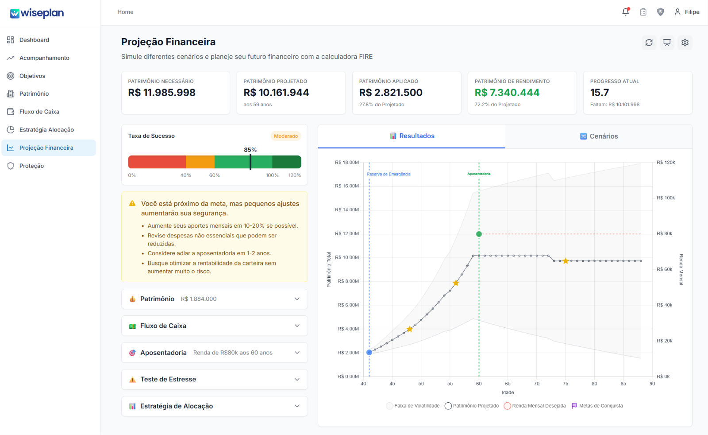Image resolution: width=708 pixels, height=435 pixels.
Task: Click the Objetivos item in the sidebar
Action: point(32,76)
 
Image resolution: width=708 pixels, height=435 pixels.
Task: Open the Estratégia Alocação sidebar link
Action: point(46,130)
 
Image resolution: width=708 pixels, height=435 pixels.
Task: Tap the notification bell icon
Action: point(626,12)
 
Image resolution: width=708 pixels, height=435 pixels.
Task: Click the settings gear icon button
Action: point(685,43)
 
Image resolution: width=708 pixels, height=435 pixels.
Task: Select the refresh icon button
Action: point(649,43)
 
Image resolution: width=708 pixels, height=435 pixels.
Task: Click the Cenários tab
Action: point(599,136)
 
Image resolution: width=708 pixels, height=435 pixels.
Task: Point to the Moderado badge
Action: point(286,136)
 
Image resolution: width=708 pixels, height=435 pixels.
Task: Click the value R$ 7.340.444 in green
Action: point(507,93)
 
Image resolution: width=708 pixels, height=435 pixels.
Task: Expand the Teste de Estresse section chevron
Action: point(297,379)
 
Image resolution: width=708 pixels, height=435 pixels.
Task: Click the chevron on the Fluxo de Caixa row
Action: point(297,326)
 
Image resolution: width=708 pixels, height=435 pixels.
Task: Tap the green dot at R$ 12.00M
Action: point(479,234)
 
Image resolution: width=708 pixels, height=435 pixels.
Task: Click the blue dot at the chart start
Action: point(369,353)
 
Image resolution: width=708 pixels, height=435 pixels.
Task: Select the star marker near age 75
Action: point(566,261)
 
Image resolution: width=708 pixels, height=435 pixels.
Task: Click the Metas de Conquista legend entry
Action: point(597,406)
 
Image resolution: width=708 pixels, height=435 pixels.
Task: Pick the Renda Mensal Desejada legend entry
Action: point(535,406)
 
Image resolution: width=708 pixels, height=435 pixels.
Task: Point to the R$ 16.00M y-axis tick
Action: point(347,186)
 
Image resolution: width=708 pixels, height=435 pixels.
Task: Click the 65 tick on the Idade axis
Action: point(508,384)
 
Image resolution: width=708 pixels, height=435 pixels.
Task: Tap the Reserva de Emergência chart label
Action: point(389,174)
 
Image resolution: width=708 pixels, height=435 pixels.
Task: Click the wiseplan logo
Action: point(37,13)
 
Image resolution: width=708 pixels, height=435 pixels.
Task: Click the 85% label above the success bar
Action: point(250,150)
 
